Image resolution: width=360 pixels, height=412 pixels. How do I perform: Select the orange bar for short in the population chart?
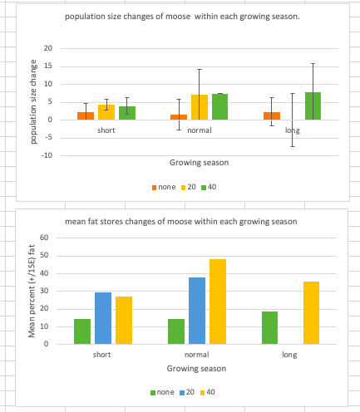click(x=85, y=115)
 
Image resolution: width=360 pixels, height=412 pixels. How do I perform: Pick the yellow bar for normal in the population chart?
click(x=199, y=107)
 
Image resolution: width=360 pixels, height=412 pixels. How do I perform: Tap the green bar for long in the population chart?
click(x=313, y=105)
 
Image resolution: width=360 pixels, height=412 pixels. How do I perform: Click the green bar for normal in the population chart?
click(x=219, y=106)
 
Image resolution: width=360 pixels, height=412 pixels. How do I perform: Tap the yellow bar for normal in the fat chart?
click(x=217, y=302)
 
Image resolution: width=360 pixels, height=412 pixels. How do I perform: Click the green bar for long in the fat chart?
click(x=269, y=327)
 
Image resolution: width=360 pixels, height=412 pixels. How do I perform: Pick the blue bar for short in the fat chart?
click(x=103, y=318)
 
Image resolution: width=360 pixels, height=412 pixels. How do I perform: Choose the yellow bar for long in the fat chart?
click(x=310, y=312)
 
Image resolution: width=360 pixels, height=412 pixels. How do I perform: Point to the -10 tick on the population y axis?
click(x=47, y=155)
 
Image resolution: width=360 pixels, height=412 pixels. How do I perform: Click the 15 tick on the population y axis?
click(x=48, y=66)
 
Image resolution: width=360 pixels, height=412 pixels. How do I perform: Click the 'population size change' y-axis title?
click(x=33, y=102)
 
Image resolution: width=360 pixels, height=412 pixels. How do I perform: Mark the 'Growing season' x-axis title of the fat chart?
click(x=197, y=368)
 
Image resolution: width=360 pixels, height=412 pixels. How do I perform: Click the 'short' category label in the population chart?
click(x=106, y=130)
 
